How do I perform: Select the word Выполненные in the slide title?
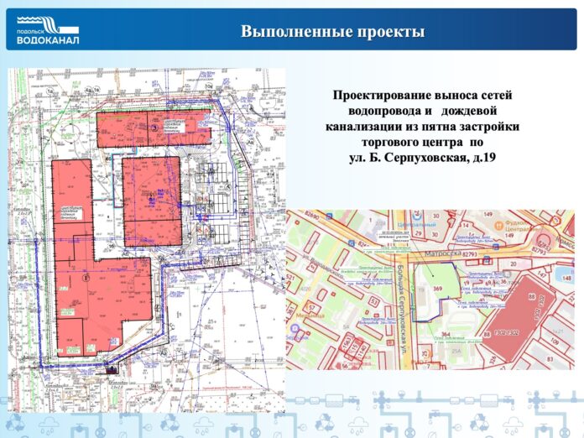point(290,33)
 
